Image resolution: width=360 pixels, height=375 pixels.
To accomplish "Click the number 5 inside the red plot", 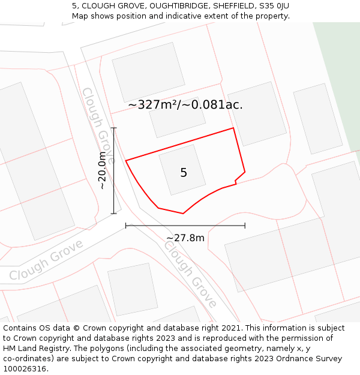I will click(x=184, y=173).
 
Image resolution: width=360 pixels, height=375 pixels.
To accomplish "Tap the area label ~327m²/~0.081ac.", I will click(x=185, y=104).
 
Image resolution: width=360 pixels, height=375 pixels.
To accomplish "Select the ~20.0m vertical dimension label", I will click(x=102, y=171).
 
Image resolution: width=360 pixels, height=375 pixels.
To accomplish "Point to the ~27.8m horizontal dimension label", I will click(x=185, y=238).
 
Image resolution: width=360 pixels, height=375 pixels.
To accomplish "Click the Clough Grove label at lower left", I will click(x=46, y=262).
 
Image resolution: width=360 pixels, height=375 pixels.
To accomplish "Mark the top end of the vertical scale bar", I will click(x=113, y=128).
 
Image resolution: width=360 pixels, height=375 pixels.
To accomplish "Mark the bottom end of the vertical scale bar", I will click(x=113, y=214).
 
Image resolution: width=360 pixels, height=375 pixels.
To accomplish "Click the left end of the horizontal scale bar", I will click(x=126, y=226).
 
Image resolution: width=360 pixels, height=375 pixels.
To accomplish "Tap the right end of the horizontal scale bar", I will click(x=245, y=226).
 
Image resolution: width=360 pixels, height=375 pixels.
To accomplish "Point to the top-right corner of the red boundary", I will click(x=233, y=128).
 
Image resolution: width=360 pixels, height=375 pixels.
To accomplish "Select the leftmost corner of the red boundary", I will click(x=126, y=160).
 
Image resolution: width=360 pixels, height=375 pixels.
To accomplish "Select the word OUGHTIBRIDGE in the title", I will click(x=183, y=6).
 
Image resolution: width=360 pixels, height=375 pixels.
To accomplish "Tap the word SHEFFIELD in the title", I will click(x=234, y=6).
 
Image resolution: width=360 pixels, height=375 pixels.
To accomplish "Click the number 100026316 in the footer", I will click(x=25, y=369).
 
